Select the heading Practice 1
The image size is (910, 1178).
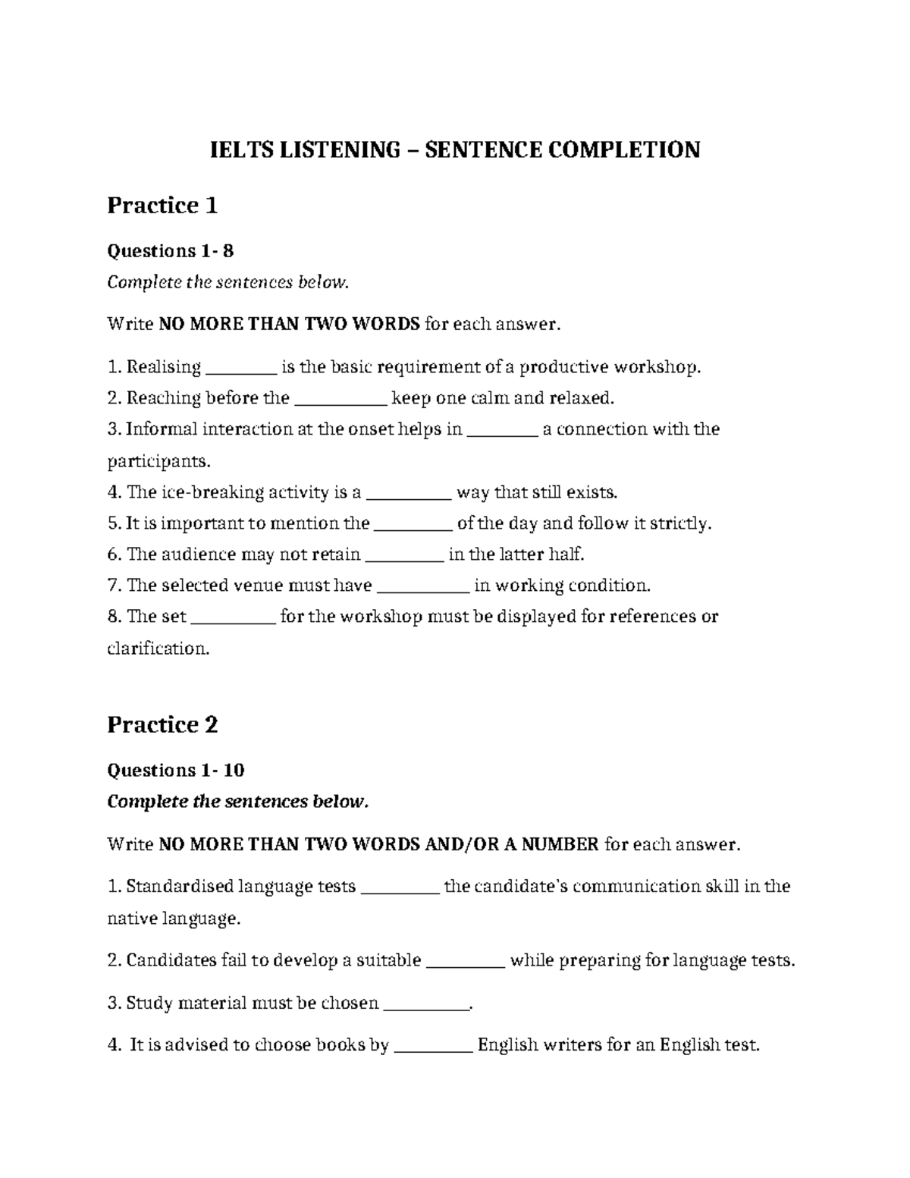tap(162, 205)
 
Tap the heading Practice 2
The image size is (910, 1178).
tap(162, 724)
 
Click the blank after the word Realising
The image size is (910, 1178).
tap(241, 369)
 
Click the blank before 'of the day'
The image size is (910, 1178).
tap(413, 524)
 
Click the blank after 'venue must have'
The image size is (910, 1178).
tap(423, 586)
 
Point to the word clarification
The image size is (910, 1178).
tap(158, 649)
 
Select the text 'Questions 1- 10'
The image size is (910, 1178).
tap(176, 771)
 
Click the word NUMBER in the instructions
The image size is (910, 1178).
tap(560, 843)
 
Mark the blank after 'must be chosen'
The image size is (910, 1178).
tap(426, 1004)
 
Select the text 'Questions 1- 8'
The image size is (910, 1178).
tap(171, 250)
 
